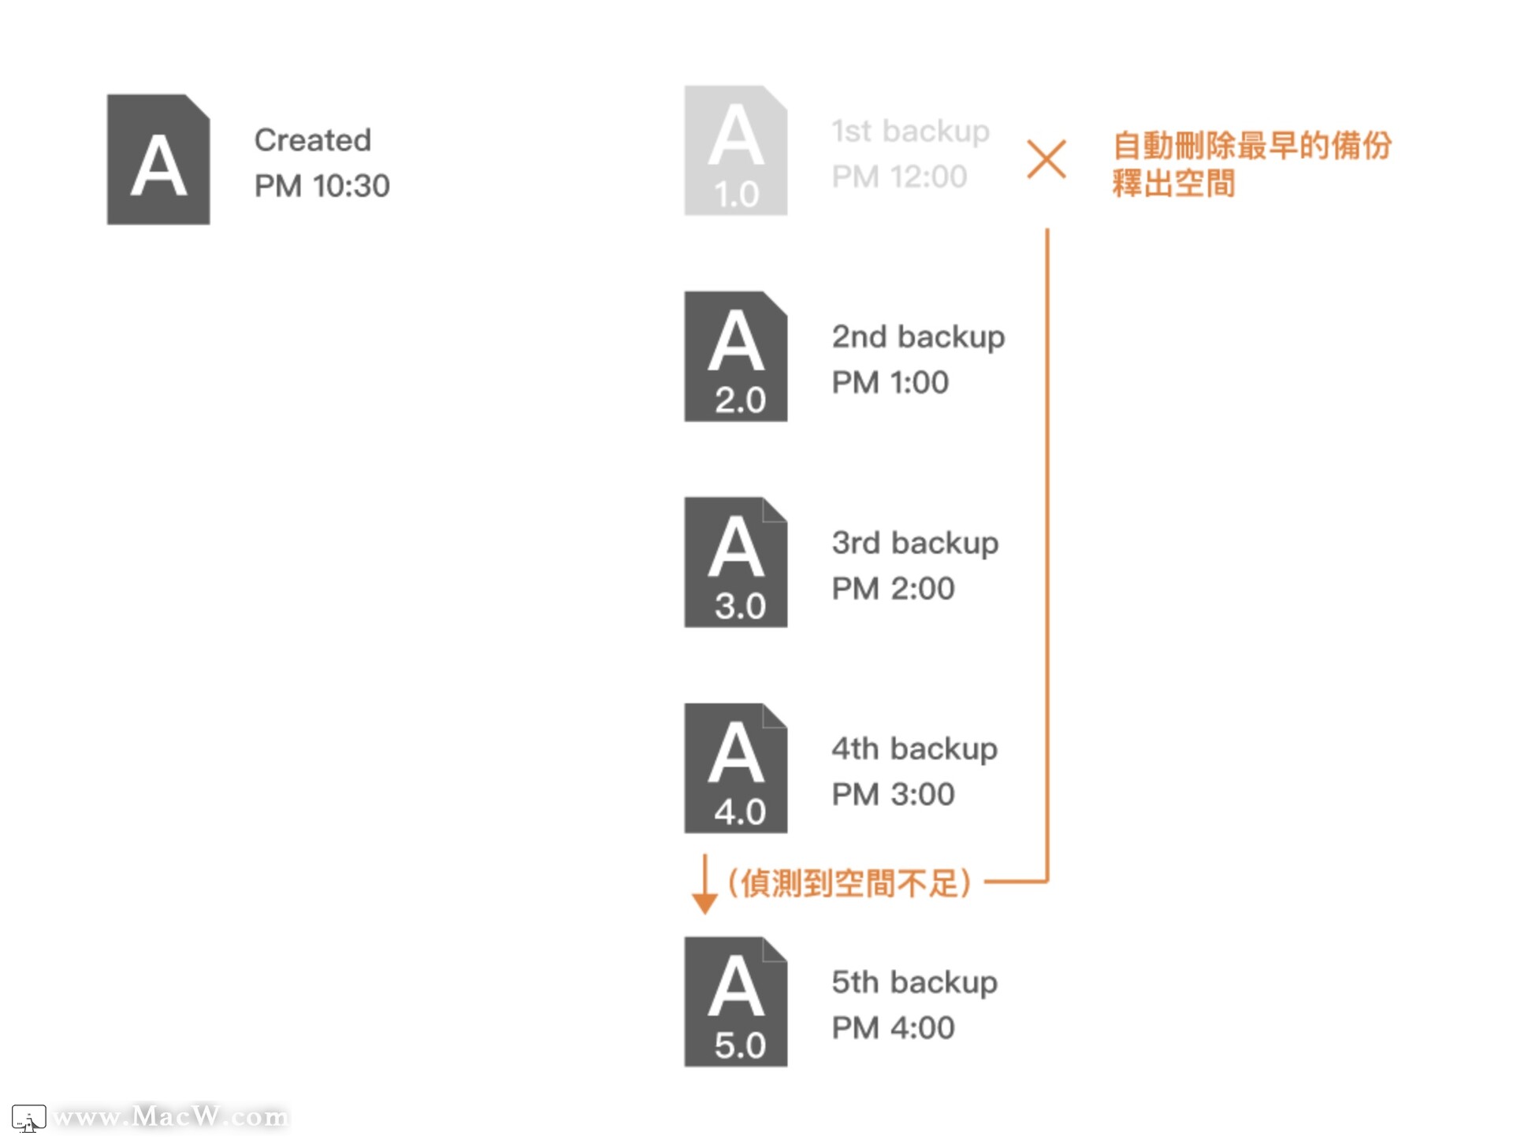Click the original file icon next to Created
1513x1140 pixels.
pyautogui.click(x=158, y=160)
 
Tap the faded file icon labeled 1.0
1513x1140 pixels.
pyautogui.click(x=735, y=150)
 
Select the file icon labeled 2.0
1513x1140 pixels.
pyautogui.click(x=735, y=356)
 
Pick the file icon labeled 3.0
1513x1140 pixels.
pyautogui.click(x=735, y=562)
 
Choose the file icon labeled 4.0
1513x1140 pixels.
pyautogui.click(x=735, y=768)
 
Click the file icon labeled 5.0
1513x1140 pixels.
pyautogui.click(x=735, y=1001)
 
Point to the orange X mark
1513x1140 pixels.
pyautogui.click(x=1046, y=159)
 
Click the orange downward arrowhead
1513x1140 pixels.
pyautogui.click(x=704, y=903)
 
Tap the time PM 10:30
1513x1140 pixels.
pyautogui.click(x=322, y=186)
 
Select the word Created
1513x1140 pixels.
pyautogui.click(x=312, y=140)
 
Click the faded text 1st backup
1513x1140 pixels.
pyautogui.click(x=910, y=131)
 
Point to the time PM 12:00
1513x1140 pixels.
pyautogui.click(x=899, y=176)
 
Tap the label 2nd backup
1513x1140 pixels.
pyautogui.click(x=918, y=337)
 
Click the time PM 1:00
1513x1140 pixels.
pyautogui.click(x=890, y=383)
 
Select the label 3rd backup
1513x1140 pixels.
pyautogui.click(x=915, y=543)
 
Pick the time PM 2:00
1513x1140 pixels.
pyautogui.click(x=893, y=589)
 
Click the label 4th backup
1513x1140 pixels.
pyautogui.click(x=914, y=748)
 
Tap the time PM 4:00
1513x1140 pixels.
pyautogui.click(x=893, y=1028)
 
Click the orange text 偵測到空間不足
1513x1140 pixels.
pyautogui.click(x=849, y=883)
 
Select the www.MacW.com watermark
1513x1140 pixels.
pyautogui.click(x=170, y=1116)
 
